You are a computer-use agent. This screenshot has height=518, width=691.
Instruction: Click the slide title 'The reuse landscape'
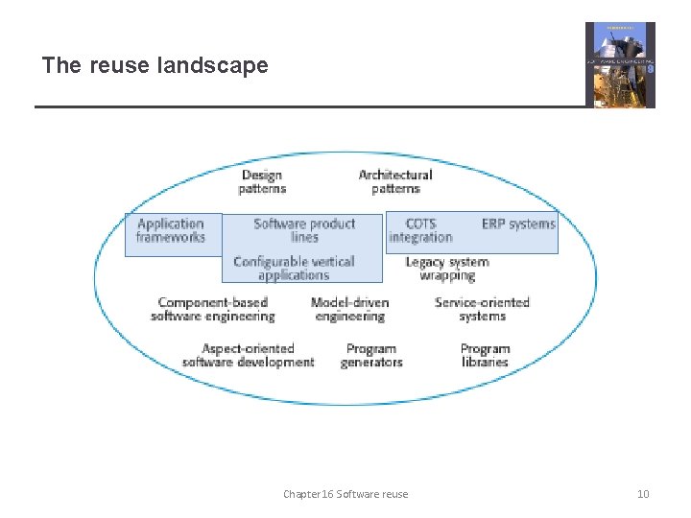click(x=155, y=65)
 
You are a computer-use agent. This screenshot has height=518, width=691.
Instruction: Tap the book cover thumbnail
click(x=620, y=64)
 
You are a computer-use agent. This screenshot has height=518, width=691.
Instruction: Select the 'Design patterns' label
click(x=262, y=181)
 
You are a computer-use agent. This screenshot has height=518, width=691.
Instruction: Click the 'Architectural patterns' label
click(x=395, y=181)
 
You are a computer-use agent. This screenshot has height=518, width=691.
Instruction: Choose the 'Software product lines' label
click(x=304, y=230)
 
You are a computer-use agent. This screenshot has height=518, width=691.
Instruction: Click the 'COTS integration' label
click(x=420, y=230)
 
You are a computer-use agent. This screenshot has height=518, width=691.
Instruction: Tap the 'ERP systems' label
click(x=518, y=224)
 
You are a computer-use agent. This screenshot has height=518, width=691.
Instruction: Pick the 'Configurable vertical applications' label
click(x=294, y=268)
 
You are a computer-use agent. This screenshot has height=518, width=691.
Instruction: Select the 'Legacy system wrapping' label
click(x=447, y=268)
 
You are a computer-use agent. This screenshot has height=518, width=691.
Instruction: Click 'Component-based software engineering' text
click(x=213, y=309)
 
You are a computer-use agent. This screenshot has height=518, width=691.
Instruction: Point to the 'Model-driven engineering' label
click(x=349, y=309)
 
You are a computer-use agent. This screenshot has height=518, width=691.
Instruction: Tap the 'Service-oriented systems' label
click(x=482, y=309)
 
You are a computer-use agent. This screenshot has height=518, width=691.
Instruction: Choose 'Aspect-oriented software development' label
click(x=248, y=355)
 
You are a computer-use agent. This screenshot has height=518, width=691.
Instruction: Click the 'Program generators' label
click(x=371, y=355)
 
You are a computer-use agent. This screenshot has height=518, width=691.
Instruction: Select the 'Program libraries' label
click(x=485, y=355)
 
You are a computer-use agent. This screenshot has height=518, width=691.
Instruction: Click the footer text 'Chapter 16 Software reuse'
click(x=345, y=494)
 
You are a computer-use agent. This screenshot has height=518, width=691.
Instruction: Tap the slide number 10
click(x=643, y=494)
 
